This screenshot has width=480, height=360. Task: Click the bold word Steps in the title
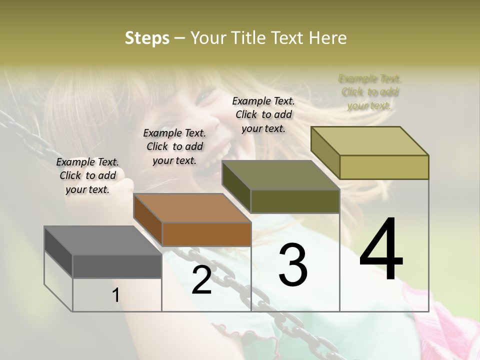[x=147, y=38]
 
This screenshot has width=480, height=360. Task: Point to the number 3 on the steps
[x=292, y=265]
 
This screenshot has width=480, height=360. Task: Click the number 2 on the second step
[x=201, y=280]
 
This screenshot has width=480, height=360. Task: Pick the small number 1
[x=116, y=295]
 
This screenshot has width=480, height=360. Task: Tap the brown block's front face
[x=206, y=234]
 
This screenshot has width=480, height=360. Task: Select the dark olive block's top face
[x=280, y=175]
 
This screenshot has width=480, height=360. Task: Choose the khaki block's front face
[x=384, y=167]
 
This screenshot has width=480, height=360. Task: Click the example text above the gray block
[x=87, y=175]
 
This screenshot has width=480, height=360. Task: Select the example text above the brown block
[x=174, y=146]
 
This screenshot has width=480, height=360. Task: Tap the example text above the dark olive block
[x=263, y=114]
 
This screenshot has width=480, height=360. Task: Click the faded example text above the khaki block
[x=370, y=92]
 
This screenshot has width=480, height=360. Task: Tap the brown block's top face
[x=192, y=207]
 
